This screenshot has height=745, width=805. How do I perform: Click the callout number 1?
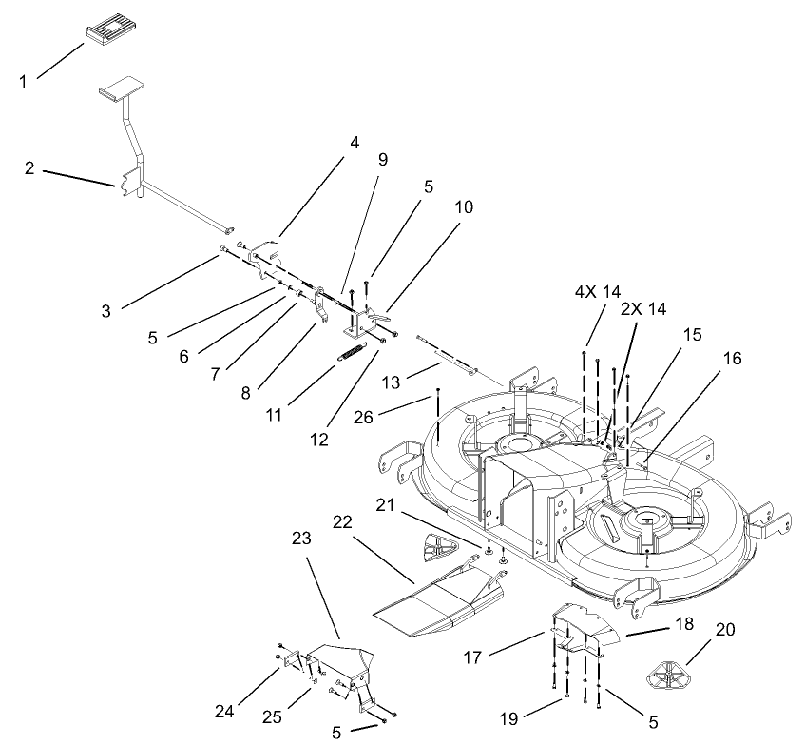[24, 82]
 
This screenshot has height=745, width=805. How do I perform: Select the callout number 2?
[30, 168]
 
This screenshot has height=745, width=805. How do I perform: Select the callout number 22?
[343, 522]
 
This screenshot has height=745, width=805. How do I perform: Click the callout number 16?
[732, 359]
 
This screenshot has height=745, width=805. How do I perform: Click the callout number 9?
[382, 159]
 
